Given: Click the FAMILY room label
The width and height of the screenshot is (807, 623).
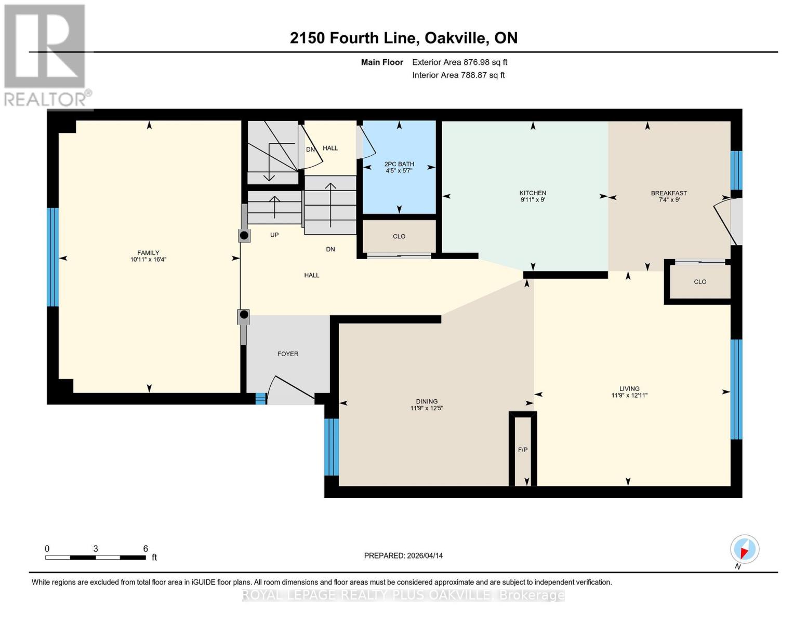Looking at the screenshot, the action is click(148, 253).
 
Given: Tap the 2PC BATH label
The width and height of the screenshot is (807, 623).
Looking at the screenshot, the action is click(399, 164).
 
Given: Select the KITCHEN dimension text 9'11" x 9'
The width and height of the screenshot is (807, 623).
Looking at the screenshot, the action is click(533, 200).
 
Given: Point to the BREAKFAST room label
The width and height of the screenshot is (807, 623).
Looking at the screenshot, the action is click(669, 193).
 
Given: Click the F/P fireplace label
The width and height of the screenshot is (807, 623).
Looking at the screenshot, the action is click(523, 450).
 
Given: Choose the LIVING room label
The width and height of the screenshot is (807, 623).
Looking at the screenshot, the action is click(629, 388).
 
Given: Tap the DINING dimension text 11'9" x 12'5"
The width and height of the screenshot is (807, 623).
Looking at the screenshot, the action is click(427, 408).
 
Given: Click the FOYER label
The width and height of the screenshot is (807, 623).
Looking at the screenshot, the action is click(288, 354).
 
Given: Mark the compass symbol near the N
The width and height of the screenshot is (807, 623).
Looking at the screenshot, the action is click(745, 549).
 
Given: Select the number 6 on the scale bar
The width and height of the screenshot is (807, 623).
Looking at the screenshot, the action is click(145, 548).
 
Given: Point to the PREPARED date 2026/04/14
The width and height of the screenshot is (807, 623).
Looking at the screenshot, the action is click(425, 556).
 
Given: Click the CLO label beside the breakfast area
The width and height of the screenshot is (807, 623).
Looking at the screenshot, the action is click(700, 282).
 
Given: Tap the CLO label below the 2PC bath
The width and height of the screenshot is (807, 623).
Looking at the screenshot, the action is click(399, 236).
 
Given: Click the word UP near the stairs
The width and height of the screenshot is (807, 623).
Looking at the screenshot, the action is click(274, 235).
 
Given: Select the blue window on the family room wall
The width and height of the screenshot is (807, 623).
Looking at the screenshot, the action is click(52, 257).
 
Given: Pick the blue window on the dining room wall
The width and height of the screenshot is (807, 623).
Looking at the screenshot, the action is click(331, 447).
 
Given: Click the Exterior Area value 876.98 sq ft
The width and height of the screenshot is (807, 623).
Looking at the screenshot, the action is click(485, 62).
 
